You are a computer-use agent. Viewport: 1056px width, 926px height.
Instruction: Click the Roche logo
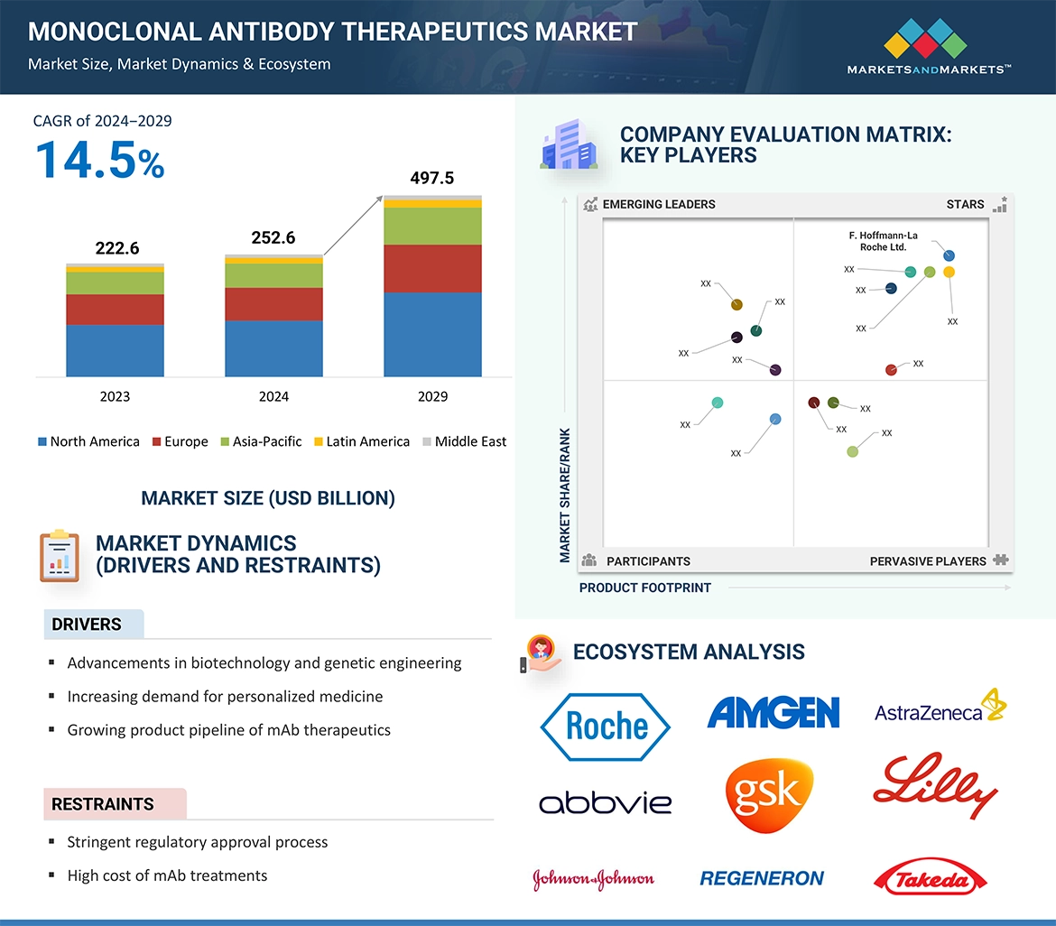pyautogui.click(x=605, y=726)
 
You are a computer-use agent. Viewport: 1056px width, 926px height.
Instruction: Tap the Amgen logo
pyautogui.click(x=773, y=712)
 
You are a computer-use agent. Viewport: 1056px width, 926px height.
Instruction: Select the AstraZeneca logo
pyautogui.click(x=940, y=708)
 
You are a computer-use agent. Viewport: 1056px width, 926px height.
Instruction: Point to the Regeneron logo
pyautogui.click(x=762, y=878)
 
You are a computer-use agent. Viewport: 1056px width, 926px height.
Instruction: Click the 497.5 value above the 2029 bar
pyautogui.click(x=431, y=178)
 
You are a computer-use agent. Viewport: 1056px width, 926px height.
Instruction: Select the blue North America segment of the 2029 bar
pyautogui.click(x=432, y=334)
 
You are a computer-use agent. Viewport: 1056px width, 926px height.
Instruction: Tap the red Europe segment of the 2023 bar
pyautogui.click(x=115, y=309)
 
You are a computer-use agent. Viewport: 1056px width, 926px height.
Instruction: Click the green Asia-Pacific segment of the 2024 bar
pyautogui.click(x=273, y=275)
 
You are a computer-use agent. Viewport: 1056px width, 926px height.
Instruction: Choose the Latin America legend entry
pyautogui.click(x=361, y=441)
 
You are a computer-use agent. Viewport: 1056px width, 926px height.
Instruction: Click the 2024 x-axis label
pyautogui.click(x=273, y=396)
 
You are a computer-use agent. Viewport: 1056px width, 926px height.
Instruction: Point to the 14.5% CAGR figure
pyautogui.click(x=99, y=160)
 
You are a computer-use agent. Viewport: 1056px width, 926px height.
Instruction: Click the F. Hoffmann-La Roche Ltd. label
pyautogui.click(x=883, y=241)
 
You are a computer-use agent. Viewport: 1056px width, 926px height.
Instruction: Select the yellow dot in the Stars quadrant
pyautogui.click(x=949, y=272)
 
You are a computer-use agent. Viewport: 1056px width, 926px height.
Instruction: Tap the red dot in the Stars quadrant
pyautogui.click(x=891, y=370)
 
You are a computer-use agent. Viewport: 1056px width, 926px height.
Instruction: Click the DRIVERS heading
pyautogui.click(x=87, y=625)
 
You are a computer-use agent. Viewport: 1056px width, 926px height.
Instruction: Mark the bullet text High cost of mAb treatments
pyautogui.click(x=167, y=875)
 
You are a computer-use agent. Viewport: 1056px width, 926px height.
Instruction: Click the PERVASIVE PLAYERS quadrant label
pyautogui.click(x=928, y=561)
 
